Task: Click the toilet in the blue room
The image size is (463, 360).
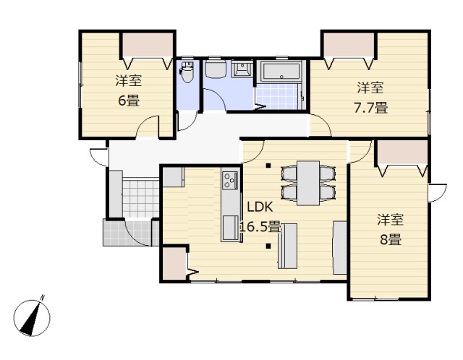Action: click(x=187, y=72)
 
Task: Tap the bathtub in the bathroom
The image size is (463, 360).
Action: click(x=281, y=72)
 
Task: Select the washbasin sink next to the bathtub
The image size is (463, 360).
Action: click(x=242, y=69)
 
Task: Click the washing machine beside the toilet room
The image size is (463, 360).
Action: click(x=216, y=69)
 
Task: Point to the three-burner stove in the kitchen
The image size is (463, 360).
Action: click(x=230, y=180)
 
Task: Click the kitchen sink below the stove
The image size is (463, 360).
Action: click(x=230, y=228)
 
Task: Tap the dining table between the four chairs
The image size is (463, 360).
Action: click(x=308, y=183)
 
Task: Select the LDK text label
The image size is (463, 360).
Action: click(x=260, y=207)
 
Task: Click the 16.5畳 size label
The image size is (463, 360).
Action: click(x=260, y=227)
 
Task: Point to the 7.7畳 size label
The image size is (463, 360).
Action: click(x=371, y=108)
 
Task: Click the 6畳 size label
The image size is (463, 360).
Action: click(x=129, y=101)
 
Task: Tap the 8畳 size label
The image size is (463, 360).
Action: click(x=391, y=239)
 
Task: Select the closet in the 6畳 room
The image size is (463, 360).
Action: click(x=148, y=45)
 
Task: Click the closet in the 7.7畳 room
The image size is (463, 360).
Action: click(x=349, y=45)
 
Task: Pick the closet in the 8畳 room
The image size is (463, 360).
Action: click(x=402, y=152)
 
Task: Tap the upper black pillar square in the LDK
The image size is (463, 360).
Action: click(x=268, y=166)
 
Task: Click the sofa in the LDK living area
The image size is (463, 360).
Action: click(x=340, y=247)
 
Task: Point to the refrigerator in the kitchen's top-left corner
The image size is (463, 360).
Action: click(x=174, y=177)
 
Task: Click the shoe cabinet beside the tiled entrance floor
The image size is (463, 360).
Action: click(x=116, y=194)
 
